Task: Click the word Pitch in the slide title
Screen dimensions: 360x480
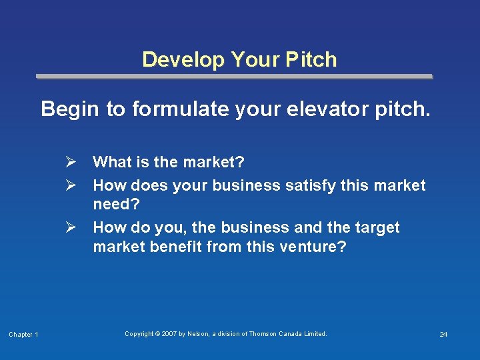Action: (x=313, y=60)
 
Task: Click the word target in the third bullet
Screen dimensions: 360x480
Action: (x=377, y=227)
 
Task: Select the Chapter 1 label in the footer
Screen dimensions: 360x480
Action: (x=23, y=334)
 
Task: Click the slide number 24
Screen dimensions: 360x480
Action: (x=443, y=334)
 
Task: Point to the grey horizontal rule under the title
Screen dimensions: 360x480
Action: (x=234, y=77)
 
